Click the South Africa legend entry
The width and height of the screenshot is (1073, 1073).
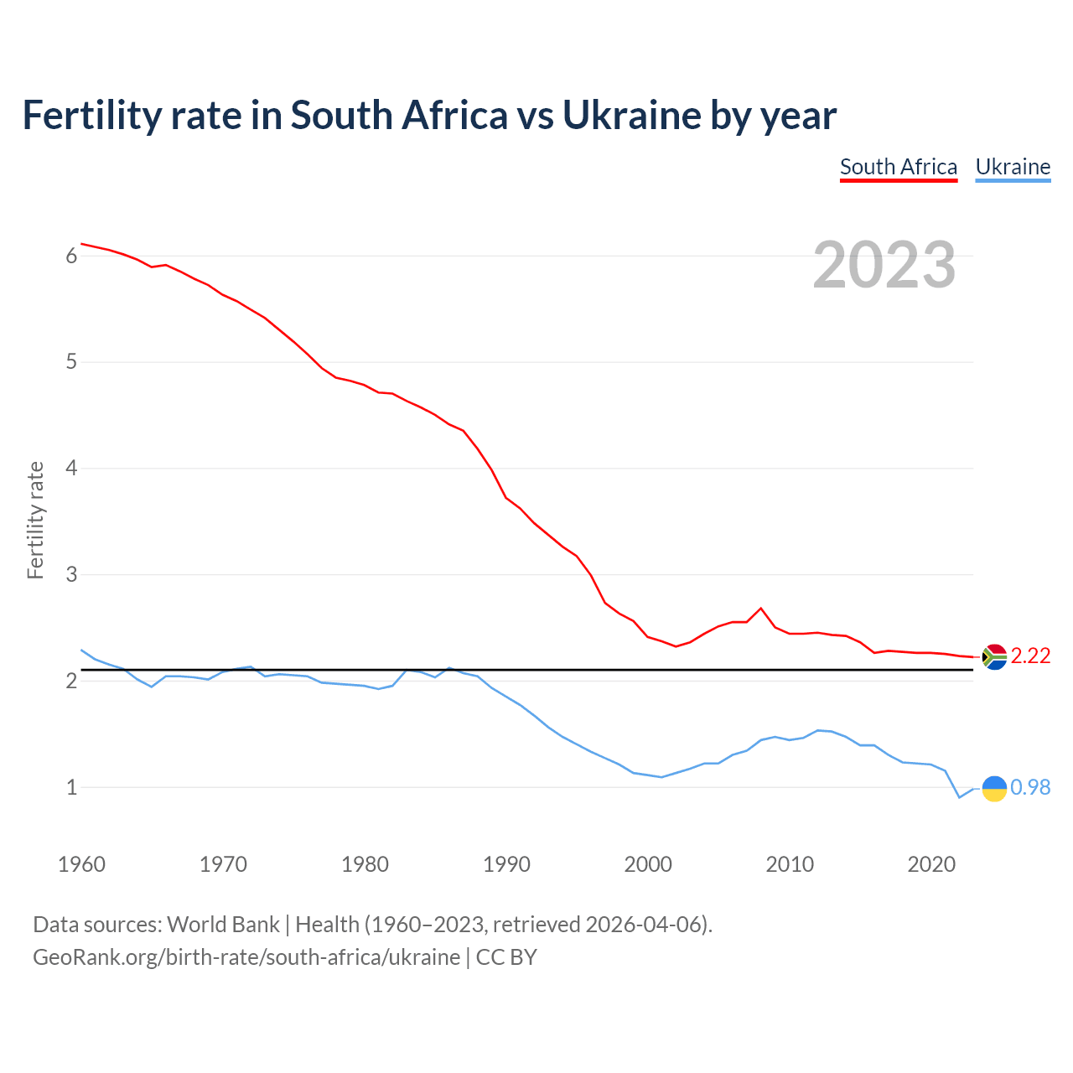pos(898,167)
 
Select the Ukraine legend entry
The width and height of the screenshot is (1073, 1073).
pos(1013,167)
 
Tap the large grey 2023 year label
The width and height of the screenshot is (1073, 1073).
pos(884,265)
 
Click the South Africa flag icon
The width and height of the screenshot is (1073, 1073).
pos(994,656)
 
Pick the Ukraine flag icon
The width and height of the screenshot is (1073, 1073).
pos(994,788)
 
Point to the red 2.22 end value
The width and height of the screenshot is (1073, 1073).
pos(1030,656)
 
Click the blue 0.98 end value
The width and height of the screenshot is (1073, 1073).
pos(1030,787)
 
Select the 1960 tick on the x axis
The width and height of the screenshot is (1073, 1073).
pos(81,864)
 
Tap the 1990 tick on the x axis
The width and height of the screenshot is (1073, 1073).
pos(506,864)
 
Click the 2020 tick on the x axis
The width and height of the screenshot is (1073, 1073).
pos(931,864)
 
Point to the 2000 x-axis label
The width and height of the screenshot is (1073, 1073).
pos(648,864)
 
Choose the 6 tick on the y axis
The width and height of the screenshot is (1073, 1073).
pos(71,256)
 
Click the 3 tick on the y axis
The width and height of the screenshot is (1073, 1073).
pos(71,575)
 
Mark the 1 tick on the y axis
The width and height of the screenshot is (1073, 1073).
pos(71,788)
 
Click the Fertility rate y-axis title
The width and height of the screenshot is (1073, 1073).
pos(35,520)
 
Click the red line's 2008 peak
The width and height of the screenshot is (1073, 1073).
pos(760,609)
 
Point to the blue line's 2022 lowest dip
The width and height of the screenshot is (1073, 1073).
pos(960,797)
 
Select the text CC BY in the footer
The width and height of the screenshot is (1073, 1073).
pos(506,957)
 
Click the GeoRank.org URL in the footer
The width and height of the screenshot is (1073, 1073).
pos(246,957)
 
